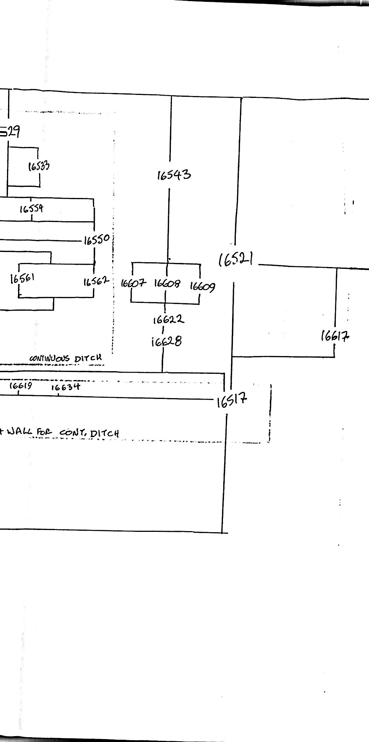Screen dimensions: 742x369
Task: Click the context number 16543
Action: click(174, 174)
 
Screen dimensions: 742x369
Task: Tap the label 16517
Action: click(232, 400)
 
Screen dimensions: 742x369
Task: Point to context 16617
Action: click(335, 336)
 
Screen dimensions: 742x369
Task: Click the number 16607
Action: click(133, 284)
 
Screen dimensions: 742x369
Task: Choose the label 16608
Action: click(167, 284)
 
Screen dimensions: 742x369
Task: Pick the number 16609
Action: click(203, 286)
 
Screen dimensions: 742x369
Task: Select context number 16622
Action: click(168, 319)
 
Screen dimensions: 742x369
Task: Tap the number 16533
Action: click(39, 166)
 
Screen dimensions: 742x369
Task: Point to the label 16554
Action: click(31, 209)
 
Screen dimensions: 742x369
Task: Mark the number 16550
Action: click(97, 240)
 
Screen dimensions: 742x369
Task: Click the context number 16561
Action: click(23, 278)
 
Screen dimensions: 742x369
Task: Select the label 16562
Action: click(96, 282)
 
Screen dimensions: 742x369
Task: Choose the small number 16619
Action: click(21, 386)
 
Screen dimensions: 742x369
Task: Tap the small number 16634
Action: click(65, 387)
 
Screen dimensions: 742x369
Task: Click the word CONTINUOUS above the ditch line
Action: click(49, 358)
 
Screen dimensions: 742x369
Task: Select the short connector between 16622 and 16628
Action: click(163, 330)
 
